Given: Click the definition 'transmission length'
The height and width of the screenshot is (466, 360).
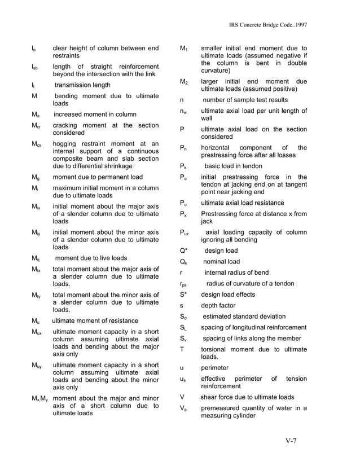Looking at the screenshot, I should (82, 85).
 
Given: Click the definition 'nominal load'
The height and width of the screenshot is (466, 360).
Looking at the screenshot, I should (222, 262).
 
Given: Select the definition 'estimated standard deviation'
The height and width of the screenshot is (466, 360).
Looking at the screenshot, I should (244, 316).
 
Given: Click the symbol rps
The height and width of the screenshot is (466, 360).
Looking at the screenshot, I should (183, 284).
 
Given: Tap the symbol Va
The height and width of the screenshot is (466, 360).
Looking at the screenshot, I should (183, 408).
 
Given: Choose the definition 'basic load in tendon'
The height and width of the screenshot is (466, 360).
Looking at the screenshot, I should (234, 167).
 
